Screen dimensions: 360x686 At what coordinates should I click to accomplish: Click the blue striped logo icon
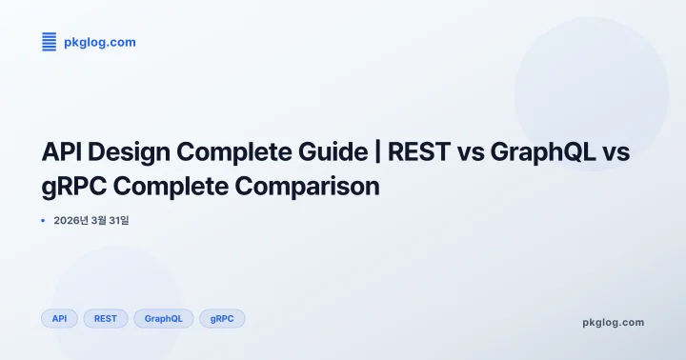point(49,41)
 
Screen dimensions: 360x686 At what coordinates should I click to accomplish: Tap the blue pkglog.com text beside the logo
point(99,42)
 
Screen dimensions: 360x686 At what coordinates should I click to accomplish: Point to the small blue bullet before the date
point(43,221)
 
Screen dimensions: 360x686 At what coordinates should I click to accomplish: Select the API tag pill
point(59,318)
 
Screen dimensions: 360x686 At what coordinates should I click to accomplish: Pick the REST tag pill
point(106,318)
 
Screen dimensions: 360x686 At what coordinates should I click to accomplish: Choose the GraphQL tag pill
point(164,318)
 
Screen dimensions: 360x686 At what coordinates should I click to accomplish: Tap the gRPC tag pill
point(222,318)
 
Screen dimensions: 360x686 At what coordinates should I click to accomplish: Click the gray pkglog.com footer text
point(613,322)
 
